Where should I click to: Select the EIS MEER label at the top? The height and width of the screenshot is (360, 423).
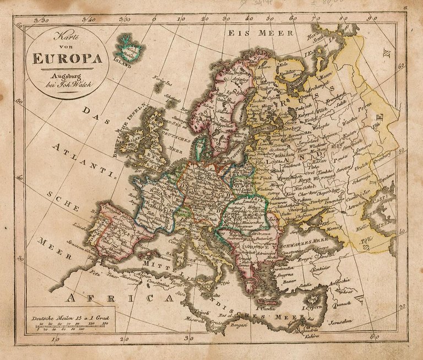[252, 33]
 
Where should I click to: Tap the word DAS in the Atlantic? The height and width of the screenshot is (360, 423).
[94, 115]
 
